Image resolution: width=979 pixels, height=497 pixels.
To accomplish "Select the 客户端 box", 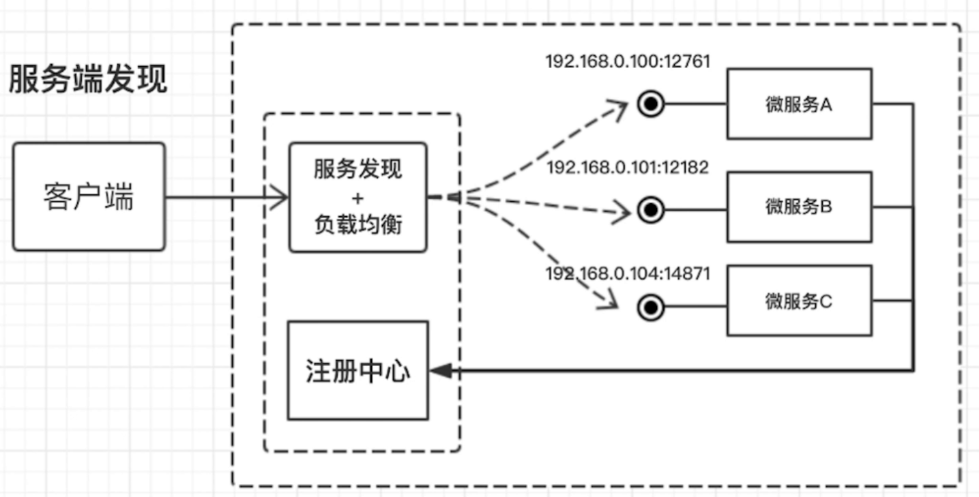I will click(89, 197).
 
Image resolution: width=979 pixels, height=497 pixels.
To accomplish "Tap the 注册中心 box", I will click(358, 371).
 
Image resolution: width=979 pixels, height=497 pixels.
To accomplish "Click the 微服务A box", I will click(799, 104).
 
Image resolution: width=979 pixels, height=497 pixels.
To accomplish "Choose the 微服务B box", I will click(799, 207).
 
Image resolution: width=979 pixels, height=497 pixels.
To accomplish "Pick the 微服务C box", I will click(799, 301).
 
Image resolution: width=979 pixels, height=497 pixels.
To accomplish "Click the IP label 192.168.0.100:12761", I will click(628, 61).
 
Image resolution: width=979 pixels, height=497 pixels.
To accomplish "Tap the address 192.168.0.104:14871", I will click(628, 274).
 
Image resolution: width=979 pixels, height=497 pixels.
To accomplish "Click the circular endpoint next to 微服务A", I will click(650, 104).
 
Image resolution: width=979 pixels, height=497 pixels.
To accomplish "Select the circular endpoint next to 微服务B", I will click(650, 210).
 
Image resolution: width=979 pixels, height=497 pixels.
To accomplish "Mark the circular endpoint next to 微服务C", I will click(650, 308).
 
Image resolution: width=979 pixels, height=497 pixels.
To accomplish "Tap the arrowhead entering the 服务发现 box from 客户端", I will click(280, 198).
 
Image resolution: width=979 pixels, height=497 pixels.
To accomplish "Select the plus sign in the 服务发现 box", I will click(358, 198).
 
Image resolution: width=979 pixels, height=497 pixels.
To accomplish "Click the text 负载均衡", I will click(358, 224).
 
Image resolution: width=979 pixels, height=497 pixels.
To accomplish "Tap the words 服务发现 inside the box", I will click(358, 169).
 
